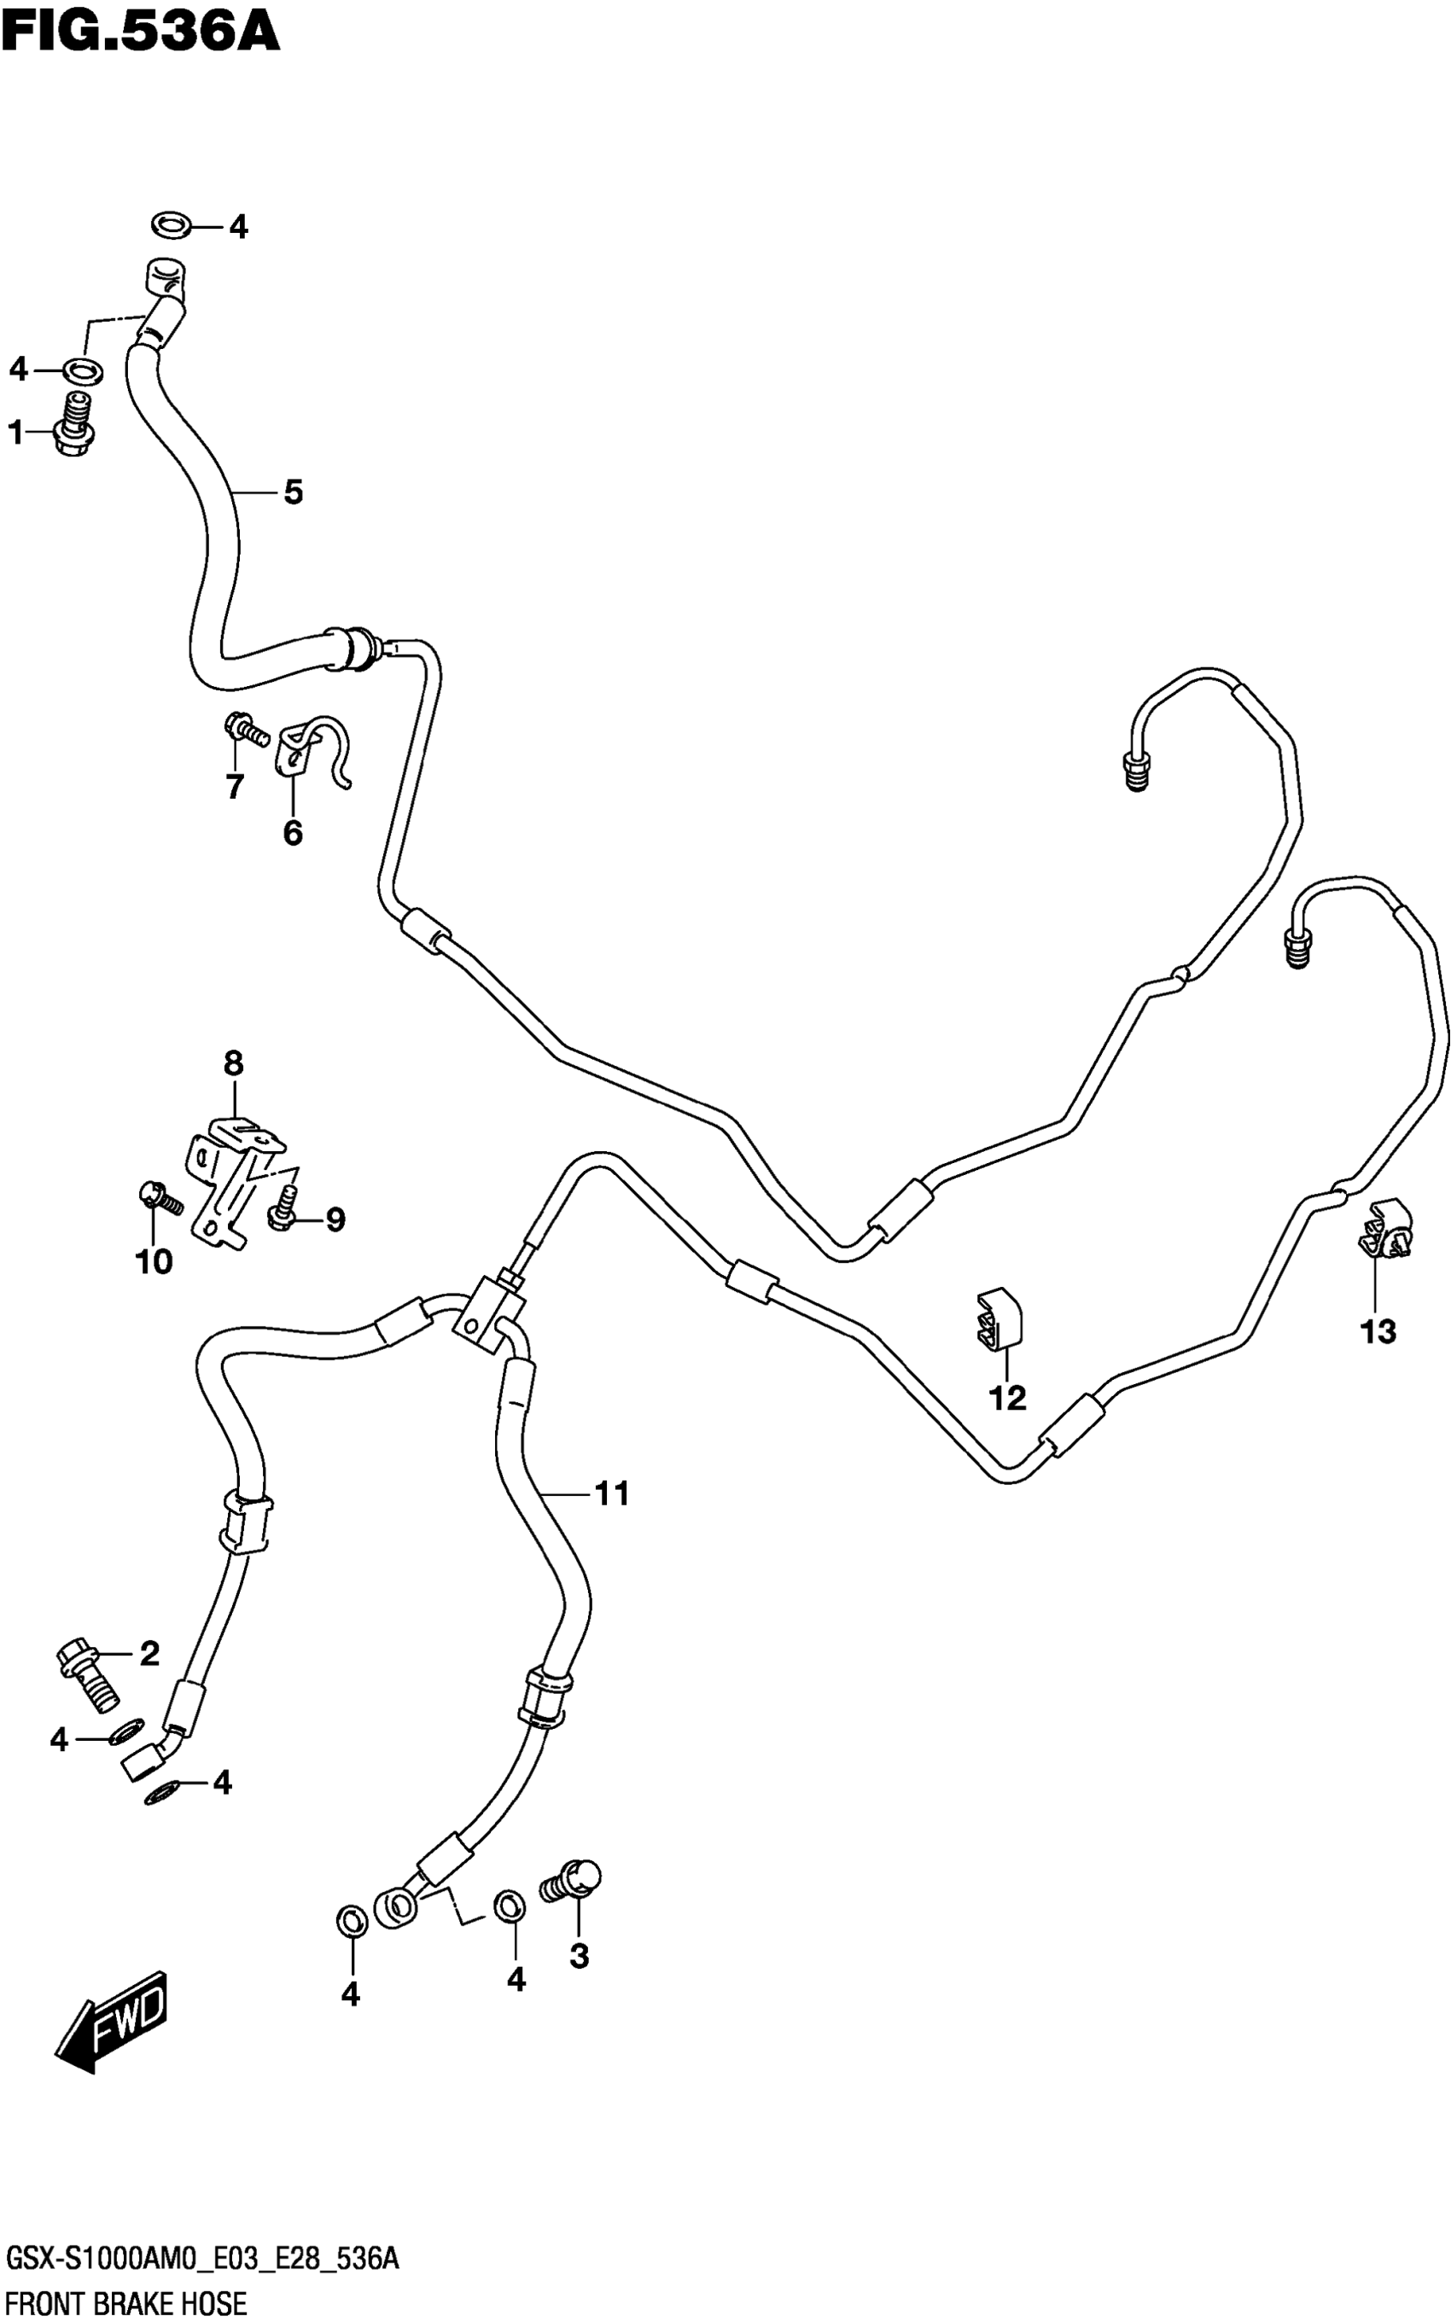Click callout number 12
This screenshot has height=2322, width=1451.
coord(1008,1398)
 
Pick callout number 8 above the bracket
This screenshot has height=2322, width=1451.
coord(233,1063)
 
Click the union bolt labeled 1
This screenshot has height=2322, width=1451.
coord(77,425)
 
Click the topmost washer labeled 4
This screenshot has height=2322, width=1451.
coord(171,226)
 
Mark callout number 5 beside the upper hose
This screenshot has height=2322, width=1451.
coord(293,492)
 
